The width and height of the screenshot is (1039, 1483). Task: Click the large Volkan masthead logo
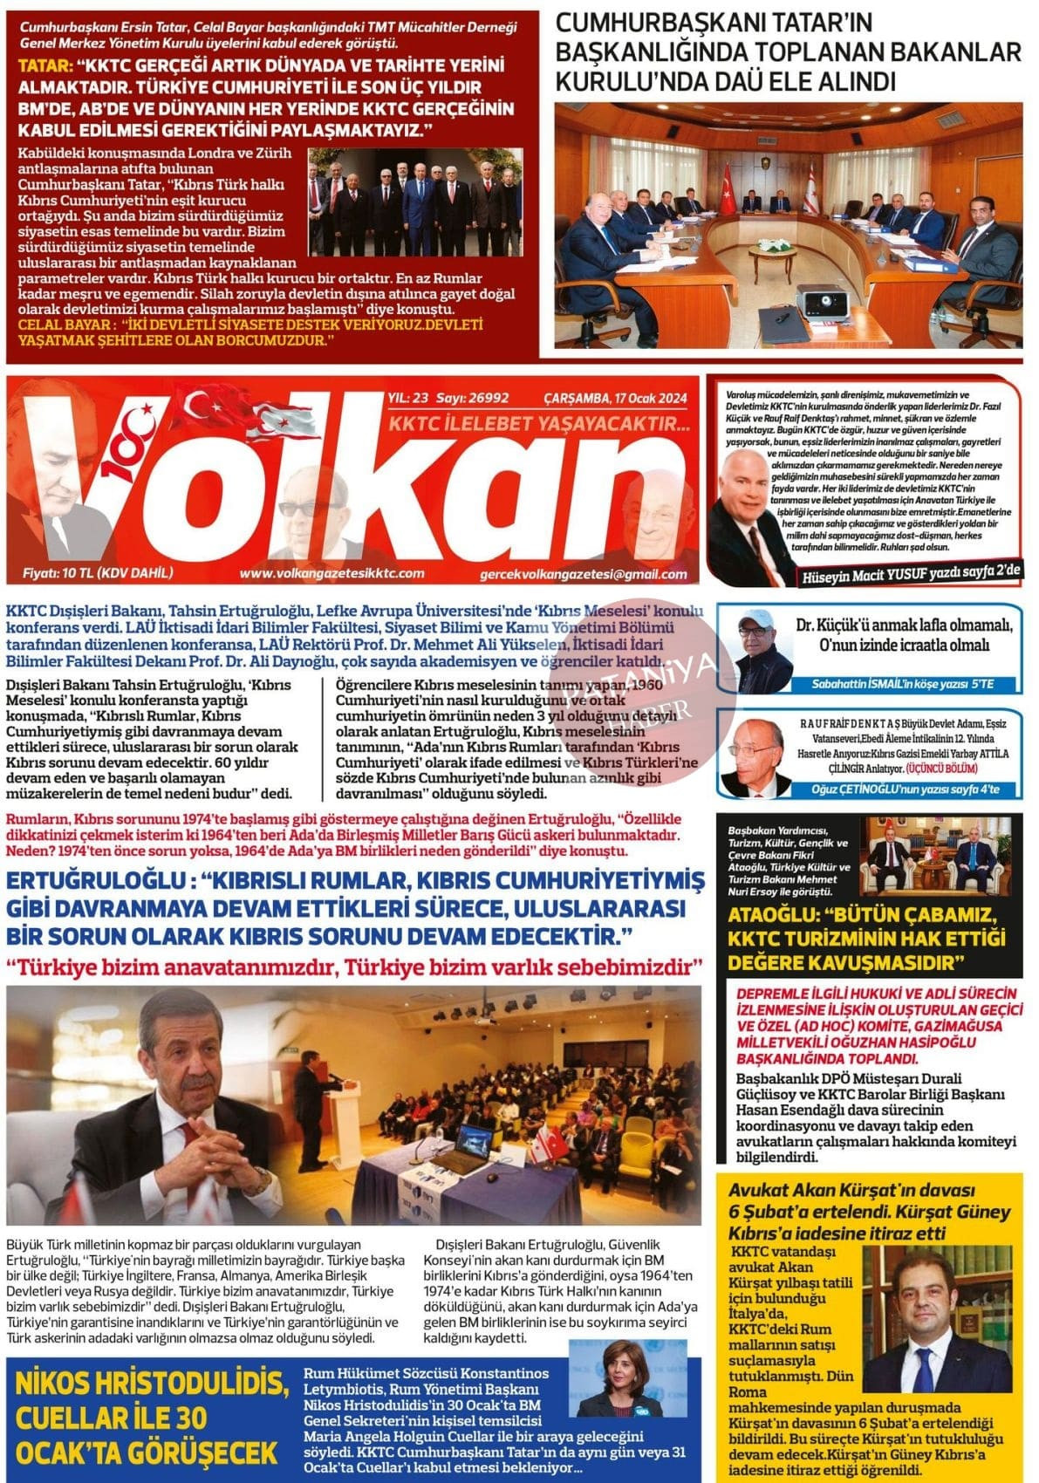tap(349, 489)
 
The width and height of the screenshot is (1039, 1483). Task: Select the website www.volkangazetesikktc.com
tap(332, 573)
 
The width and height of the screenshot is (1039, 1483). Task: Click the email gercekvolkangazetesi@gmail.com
tap(583, 575)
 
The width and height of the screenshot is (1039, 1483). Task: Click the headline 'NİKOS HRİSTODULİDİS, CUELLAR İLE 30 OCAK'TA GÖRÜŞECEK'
tap(148, 1418)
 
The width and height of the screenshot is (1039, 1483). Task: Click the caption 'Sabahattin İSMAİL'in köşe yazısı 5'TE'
tap(902, 684)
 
